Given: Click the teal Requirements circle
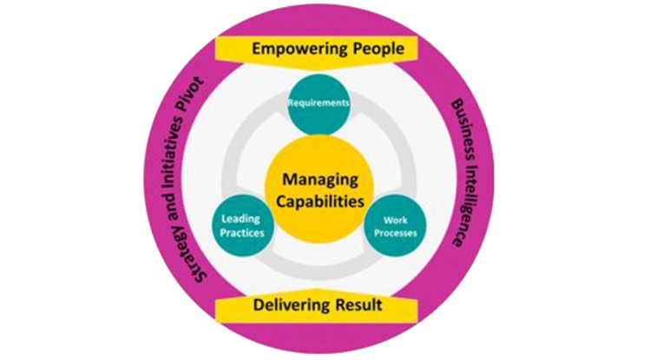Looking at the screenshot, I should (x=321, y=103).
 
